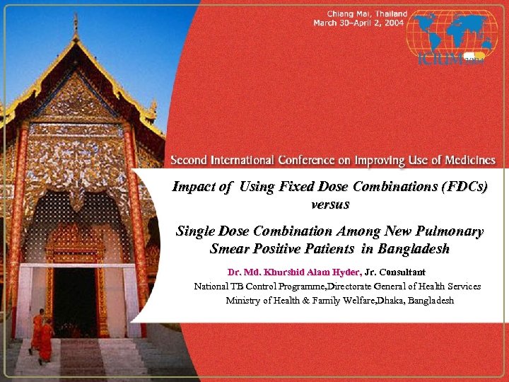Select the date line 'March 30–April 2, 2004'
pos(360,23)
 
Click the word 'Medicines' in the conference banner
pos(467,161)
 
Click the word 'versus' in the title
pos(329,204)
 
